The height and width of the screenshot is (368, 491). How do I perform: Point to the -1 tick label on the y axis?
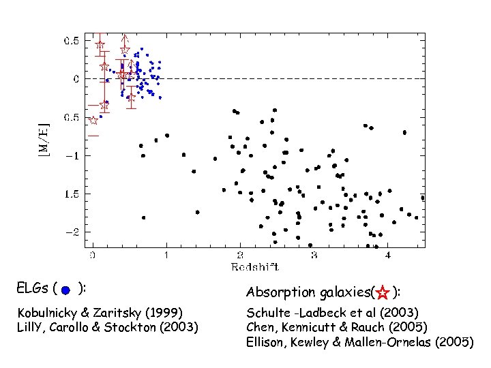pos(72,155)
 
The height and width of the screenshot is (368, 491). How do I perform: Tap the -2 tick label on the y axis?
pos(72,232)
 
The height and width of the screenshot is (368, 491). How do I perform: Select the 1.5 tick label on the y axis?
pos(70,194)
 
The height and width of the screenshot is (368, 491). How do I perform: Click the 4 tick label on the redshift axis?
pos(388,256)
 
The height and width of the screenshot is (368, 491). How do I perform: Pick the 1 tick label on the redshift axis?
pos(166,256)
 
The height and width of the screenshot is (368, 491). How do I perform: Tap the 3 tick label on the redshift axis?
pos(314,256)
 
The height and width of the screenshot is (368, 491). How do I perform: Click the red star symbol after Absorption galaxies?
pos(383,294)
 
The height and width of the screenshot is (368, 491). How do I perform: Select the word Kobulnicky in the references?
pos(48,313)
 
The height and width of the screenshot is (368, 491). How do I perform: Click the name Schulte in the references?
pos(267,313)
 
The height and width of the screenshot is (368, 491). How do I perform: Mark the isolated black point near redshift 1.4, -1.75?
pos(197,212)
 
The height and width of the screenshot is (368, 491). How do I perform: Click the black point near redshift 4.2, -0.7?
pos(404,132)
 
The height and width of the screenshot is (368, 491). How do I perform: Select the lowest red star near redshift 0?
pos(93,120)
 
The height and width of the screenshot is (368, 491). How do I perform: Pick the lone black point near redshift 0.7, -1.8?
pos(143,217)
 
